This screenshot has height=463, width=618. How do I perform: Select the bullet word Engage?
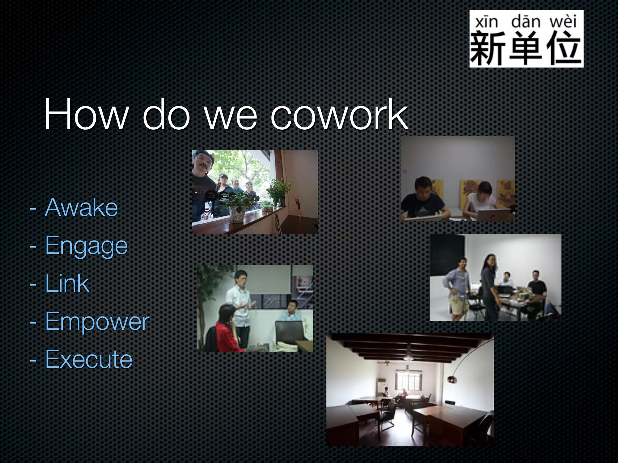(87, 246)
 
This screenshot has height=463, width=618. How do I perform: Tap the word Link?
(67, 283)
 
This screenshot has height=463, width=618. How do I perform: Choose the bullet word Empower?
(97, 321)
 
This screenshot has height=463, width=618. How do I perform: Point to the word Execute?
(89, 359)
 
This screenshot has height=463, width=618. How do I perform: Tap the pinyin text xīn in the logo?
(486, 22)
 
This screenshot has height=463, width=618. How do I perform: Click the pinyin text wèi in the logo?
(563, 22)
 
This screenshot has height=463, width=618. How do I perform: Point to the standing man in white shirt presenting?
(240, 304)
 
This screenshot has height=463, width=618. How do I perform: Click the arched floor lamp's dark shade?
(452, 379)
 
